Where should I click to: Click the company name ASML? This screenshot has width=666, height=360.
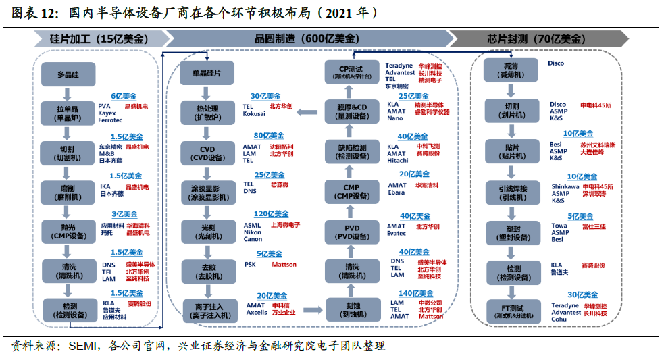click(252, 225)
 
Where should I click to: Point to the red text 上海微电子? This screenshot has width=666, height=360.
click(285, 225)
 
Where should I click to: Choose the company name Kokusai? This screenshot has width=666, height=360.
click(254, 114)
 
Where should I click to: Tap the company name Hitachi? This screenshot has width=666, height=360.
click(397, 161)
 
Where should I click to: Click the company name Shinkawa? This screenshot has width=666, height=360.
click(565, 186)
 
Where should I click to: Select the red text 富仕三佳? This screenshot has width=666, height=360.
click(594, 226)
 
